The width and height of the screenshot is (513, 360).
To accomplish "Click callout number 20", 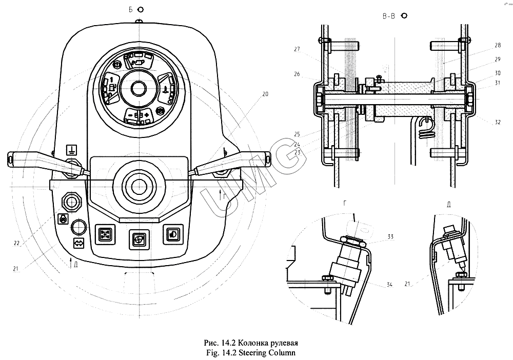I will [x=265, y=94].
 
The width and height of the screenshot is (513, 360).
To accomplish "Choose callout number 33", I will [x=390, y=236].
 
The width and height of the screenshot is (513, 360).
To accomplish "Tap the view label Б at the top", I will [x=131, y=10].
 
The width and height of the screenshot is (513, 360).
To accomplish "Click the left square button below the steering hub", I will [x=106, y=235].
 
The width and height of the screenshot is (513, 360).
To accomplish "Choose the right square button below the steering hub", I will [x=171, y=234].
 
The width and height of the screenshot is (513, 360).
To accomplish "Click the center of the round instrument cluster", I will [x=137, y=88].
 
